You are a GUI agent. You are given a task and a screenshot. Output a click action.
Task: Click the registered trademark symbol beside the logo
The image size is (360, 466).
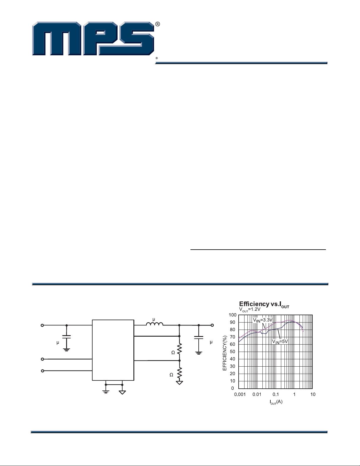pos(158,24)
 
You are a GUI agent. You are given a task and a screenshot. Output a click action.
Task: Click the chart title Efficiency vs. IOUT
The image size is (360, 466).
pos(264,304)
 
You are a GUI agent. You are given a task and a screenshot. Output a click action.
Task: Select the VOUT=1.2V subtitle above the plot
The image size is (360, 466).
pos(250,310)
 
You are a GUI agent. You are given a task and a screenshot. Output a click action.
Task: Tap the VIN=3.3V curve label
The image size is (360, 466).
pos(263,320)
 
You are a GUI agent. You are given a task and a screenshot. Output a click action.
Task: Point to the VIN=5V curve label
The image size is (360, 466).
pos(279,342)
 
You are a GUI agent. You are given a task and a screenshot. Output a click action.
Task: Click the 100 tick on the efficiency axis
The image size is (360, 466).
pos(232,315)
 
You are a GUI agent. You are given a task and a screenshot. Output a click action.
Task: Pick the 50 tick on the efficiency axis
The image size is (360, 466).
pos(232,352)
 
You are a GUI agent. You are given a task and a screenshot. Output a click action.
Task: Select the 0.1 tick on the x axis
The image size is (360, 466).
pos(275,394)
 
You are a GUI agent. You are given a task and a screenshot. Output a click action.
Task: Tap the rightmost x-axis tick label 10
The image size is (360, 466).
pos(313,394)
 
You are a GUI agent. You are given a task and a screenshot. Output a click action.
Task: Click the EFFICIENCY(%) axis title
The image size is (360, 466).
pos(225,353)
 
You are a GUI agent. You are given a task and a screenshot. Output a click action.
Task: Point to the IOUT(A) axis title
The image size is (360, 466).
pos(276,402)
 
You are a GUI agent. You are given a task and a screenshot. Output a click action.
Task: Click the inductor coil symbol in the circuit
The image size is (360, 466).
pos(155,324)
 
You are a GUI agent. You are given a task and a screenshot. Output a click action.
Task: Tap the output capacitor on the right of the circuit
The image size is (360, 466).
pos(199,338)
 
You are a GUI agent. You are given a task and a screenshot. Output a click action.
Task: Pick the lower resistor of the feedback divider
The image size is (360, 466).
pos(180,373)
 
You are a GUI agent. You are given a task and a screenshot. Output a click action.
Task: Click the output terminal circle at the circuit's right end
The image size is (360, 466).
pos(212,325)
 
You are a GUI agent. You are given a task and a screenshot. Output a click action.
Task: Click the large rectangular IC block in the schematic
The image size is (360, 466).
pos(113,350)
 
